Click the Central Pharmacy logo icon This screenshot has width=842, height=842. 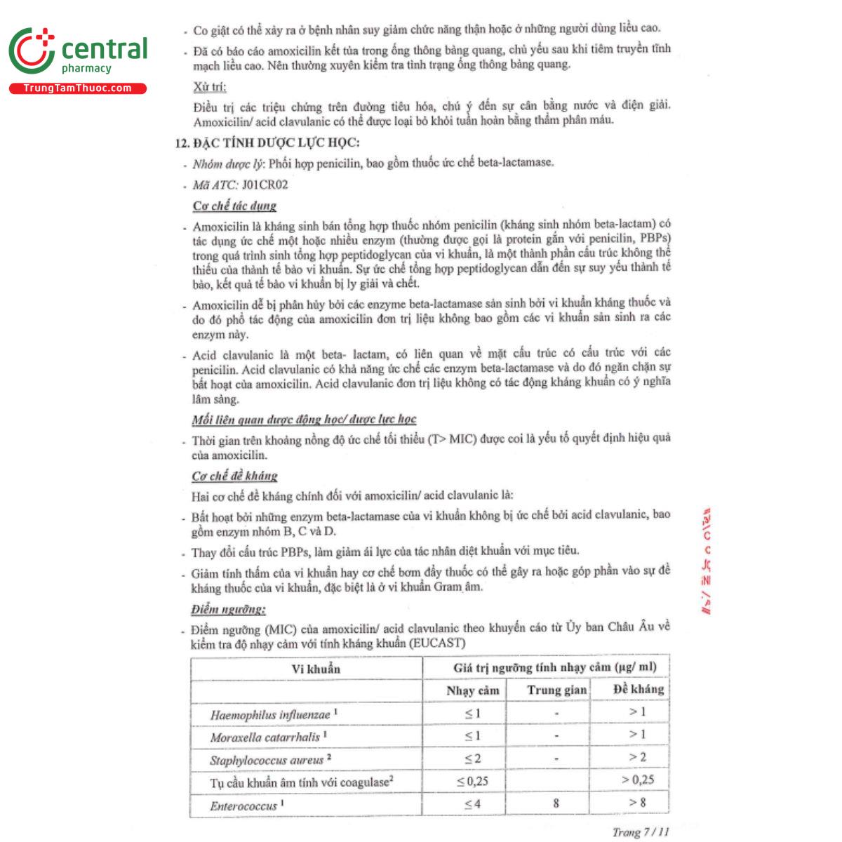coord(32,51)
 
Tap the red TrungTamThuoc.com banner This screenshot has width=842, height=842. coord(77,88)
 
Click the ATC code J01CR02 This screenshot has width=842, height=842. coord(265,185)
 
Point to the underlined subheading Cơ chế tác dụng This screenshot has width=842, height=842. coord(234,206)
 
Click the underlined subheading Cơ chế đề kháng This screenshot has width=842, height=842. coord(234,476)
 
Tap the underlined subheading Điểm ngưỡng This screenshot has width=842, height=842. coord(228,609)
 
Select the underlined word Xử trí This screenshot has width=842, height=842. coord(210,87)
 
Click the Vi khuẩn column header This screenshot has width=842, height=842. coord(316,669)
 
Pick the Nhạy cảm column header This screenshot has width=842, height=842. coord(472,690)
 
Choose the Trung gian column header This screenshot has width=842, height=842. coord(556,690)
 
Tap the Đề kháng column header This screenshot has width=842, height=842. coord(638,689)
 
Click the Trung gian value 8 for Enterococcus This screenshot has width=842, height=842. coord(556,803)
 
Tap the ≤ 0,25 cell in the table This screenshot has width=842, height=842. coord(472,781)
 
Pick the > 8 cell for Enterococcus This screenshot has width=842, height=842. coord(637,802)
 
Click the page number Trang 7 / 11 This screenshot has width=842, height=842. coord(640,832)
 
